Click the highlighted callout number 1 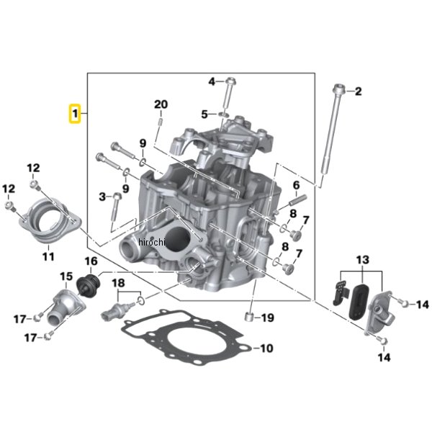[x=74, y=114]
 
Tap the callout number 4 [x=212, y=81]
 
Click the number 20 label [x=161, y=104]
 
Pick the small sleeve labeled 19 [x=250, y=318]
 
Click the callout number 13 [x=361, y=258]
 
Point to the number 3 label [x=102, y=196]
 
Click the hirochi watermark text [x=151, y=243]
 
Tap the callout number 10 [x=266, y=348]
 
